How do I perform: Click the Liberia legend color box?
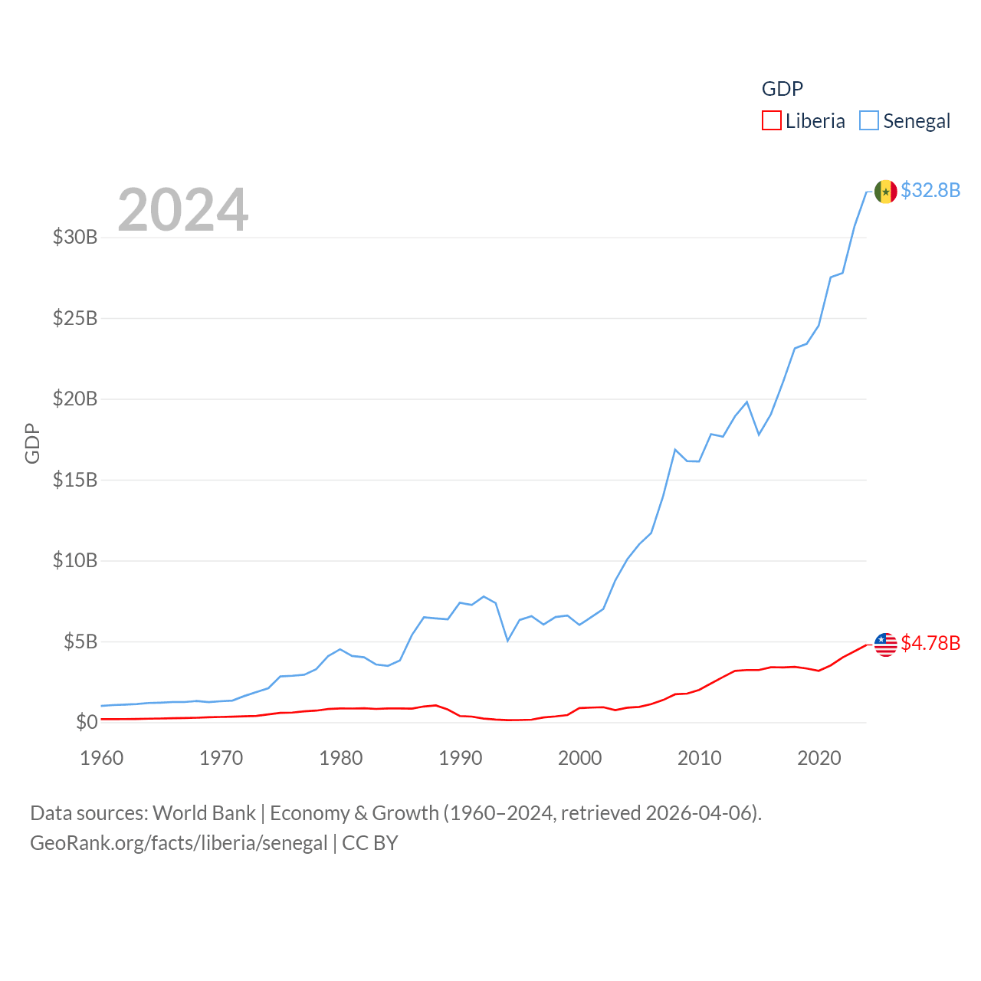[x=771, y=121]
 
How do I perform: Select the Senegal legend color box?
[x=868, y=121]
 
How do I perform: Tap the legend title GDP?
[x=782, y=89]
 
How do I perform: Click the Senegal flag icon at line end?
[x=885, y=192]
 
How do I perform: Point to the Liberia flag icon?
[x=885, y=645]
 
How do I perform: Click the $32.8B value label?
[x=930, y=190]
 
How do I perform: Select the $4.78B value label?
[x=930, y=643]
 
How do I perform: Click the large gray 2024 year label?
[x=183, y=209]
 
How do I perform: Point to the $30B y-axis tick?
[x=75, y=237]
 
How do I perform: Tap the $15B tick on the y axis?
[x=75, y=480]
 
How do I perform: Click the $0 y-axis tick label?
[x=87, y=722]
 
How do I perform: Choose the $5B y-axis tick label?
[x=80, y=641]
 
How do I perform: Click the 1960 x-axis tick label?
[x=102, y=758]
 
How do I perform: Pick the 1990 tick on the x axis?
[x=461, y=758]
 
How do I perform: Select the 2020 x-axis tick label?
[x=819, y=758]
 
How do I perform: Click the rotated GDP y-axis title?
[x=32, y=443]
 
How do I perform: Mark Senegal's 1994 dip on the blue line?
[x=507, y=640]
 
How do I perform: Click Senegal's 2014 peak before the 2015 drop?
[x=746, y=402]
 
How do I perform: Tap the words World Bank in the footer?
[x=204, y=812]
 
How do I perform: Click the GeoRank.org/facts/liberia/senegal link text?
[x=179, y=843]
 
